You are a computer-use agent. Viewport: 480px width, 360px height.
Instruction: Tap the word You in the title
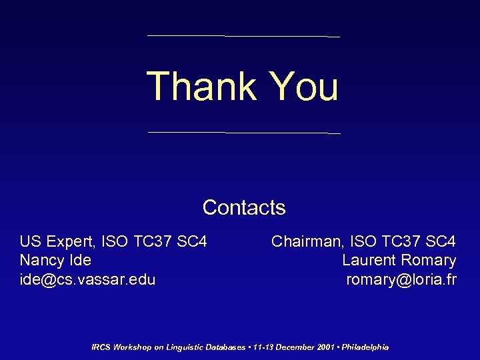(x=304, y=86)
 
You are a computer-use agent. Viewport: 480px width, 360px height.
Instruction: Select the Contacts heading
(x=244, y=207)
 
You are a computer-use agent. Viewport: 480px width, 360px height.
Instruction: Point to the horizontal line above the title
(x=243, y=35)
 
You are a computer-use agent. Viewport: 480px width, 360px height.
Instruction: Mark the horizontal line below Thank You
(x=243, y=133)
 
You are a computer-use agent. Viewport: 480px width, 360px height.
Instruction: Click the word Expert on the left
(x=69, y=241)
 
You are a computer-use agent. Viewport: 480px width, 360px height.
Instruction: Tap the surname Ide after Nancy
(x=79, y=260)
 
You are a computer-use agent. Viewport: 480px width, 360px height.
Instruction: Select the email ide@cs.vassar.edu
(x=87, y=279)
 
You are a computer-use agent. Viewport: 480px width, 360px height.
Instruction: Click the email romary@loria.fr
(x=401, y=279)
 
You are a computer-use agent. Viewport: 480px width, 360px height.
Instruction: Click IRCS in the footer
(x=101, y=347)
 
